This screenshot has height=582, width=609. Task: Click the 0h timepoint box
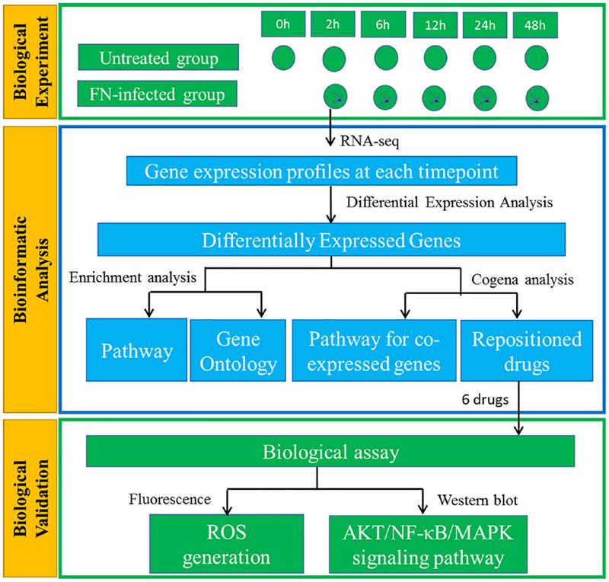click(x=282, y=24)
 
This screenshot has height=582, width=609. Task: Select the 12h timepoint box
click(x=435, y=25)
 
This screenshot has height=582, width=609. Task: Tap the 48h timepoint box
click(x=535, y=25)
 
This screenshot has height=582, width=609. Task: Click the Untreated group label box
click(x=158, y=57)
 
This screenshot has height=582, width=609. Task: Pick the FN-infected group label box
click(x=158, y=94)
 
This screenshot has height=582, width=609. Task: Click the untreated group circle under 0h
click(x=283, y=59)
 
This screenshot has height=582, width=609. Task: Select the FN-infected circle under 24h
click(x=485, y=98)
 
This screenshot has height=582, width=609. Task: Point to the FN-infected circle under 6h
click(x=385, y=98)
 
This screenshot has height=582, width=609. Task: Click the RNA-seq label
click(x=369, y=141)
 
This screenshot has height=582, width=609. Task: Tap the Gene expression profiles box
click(x=321, y=171)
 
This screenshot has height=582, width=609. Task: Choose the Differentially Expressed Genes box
click(x=331, y=239)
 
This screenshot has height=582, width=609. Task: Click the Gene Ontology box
click(x=238, y=350)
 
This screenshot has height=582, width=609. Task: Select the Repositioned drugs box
click(x=527, y=350)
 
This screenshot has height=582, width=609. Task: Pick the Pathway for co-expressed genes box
click(x=374, y=350)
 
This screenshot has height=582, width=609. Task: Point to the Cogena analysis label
click(x=522, y=280)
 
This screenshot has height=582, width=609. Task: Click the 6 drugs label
click(x=485, y=399)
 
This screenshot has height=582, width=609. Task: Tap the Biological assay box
click(x=330, y=451)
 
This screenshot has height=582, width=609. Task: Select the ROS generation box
click(x=226, y=544)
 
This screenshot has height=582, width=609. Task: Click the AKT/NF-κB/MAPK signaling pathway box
click(x=428, y=544)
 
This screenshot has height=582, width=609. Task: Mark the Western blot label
click(x=477, y=500)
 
